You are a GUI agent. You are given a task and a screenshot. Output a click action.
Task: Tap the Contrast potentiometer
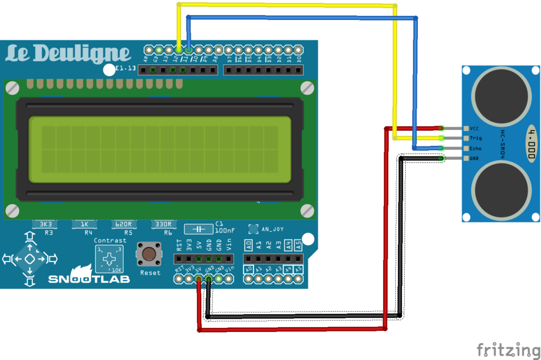pyautogui.click(x=109, y=259)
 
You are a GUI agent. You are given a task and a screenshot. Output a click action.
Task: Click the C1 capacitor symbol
pyautogui.click(x=199, y=228)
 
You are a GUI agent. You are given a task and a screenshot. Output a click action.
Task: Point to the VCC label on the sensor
pyautogui.click(x=474, y=128)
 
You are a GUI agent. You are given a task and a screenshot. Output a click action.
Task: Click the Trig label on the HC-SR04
pyautogui.click(x=475, y=138)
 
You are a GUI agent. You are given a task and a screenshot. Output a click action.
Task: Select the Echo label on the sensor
pyautogui.click(x=475, y=149)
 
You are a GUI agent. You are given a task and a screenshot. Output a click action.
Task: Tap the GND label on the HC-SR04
pyautogui.click(x=474, y=158)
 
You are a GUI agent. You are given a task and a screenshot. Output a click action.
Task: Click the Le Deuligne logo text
pyautogui.click(x=68, y=54)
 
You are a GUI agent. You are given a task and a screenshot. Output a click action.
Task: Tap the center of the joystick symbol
pyautogui.click(x=30, y=259)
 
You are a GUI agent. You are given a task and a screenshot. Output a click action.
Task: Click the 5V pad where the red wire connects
pyautogui.click(x=199, y=279)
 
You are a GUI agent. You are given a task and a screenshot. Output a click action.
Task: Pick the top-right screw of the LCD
pyautogui.click(x=307, y=88)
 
